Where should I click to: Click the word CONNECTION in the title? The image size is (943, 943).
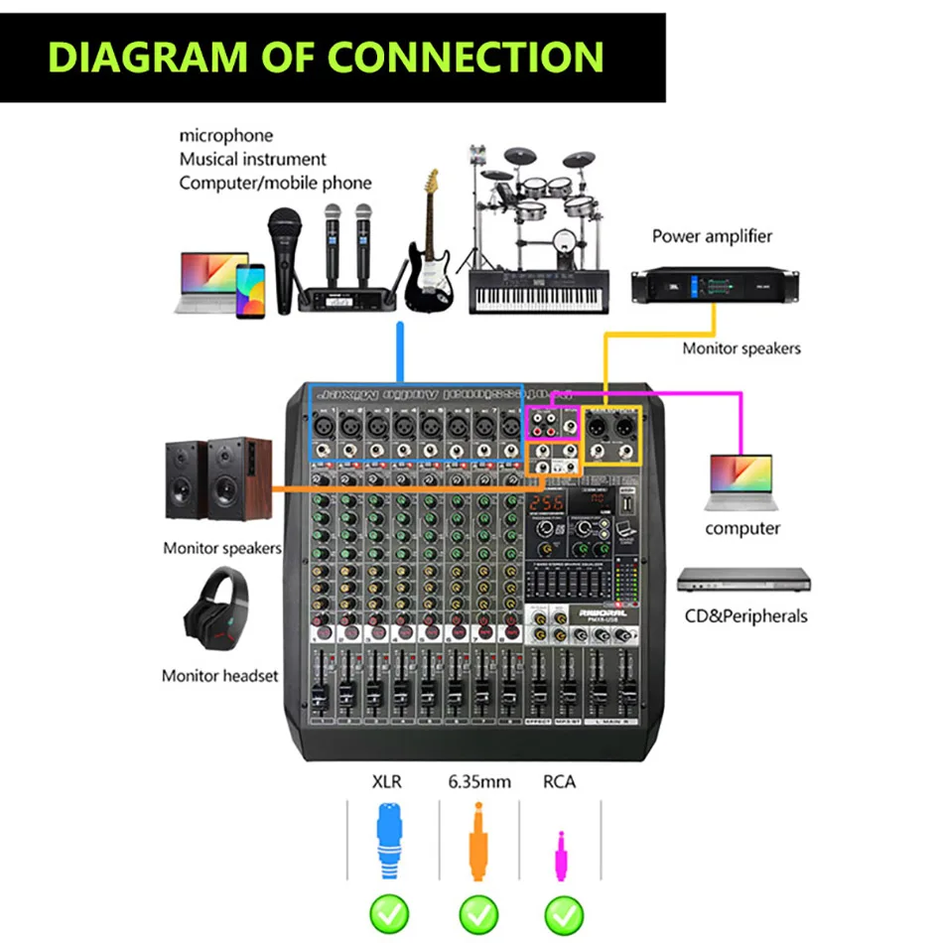466,57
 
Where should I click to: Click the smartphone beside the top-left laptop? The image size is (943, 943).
250,291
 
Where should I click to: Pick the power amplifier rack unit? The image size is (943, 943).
715,286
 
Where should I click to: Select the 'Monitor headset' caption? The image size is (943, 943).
220,676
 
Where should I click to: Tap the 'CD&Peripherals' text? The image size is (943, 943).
745,616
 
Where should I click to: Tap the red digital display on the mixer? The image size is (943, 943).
541,504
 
